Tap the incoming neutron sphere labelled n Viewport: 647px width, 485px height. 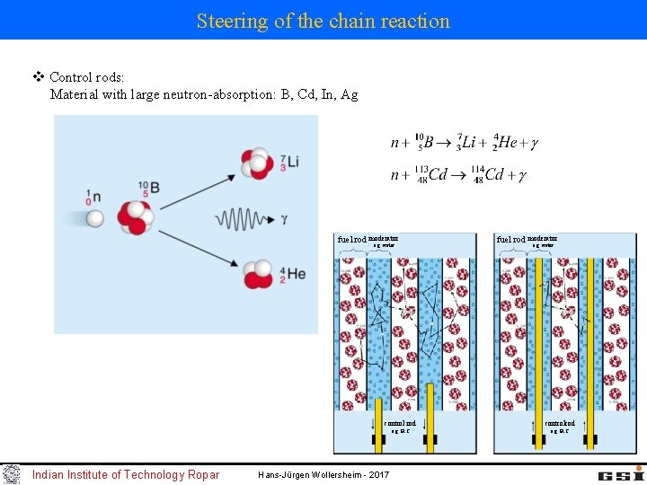95,217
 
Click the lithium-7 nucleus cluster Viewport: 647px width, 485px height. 256,163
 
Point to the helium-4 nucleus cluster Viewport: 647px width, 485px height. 257,273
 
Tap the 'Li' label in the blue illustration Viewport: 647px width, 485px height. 293,163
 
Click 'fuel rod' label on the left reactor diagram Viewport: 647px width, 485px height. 351,240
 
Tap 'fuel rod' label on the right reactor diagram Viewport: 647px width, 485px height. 511,240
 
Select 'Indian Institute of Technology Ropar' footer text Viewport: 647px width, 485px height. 125,474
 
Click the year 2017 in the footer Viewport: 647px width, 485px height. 377,474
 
